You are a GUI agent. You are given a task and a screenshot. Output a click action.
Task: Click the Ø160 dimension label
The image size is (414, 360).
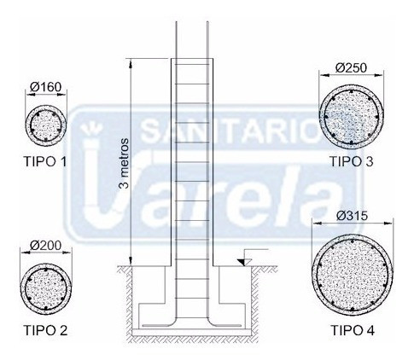point(45,87)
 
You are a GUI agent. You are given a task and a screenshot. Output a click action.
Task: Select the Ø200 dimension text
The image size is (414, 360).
point(46,245)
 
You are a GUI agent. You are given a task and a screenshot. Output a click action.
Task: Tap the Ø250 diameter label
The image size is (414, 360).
point(351,68)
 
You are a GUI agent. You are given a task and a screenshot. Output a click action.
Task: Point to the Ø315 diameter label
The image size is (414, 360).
point(353,216)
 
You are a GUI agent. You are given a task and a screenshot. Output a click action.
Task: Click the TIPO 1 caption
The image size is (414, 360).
point(45,162)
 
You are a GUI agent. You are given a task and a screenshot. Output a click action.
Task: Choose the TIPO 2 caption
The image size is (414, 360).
point(45,330)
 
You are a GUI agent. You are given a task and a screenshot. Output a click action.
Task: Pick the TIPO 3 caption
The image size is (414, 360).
point(352,161)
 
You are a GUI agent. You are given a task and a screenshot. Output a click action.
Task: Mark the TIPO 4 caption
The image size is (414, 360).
point(353,330)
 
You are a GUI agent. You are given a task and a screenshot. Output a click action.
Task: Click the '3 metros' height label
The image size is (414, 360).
point(125,164)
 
